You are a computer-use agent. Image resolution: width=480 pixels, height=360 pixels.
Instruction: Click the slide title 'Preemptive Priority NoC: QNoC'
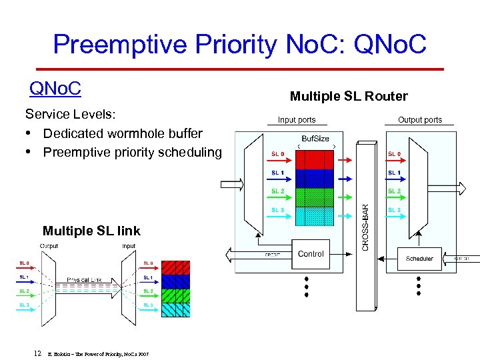(239, 45)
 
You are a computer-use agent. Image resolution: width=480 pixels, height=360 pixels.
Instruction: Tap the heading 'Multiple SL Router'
(349, 96)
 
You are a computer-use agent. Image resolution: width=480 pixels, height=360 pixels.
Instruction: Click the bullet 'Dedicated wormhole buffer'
(123, 133)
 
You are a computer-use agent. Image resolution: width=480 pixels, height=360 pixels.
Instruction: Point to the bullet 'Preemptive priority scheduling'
(132, 152)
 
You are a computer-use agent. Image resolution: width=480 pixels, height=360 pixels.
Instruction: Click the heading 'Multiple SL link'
(91, 231)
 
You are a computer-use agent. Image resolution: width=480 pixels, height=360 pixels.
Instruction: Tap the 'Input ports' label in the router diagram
(297, 120)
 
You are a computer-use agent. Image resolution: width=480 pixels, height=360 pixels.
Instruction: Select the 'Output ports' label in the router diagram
(420, 120)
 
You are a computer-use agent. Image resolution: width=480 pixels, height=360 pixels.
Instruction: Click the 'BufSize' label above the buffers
(315, 139)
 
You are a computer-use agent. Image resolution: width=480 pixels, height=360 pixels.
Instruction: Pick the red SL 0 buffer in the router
(314, 159)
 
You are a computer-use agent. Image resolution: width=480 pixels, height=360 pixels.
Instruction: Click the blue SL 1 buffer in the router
(314, 178)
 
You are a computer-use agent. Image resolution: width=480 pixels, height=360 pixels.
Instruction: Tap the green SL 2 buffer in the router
(314, 197)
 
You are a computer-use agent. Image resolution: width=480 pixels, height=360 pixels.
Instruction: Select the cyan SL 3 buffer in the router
(314, 216)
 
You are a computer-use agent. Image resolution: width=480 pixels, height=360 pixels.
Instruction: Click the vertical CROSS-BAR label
(365, 227)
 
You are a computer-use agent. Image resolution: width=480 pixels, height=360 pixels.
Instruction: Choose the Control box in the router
(311, 254)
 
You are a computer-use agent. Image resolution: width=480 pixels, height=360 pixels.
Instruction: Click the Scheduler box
(419, 258)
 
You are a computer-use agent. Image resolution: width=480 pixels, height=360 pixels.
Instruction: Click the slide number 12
(38, 353)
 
